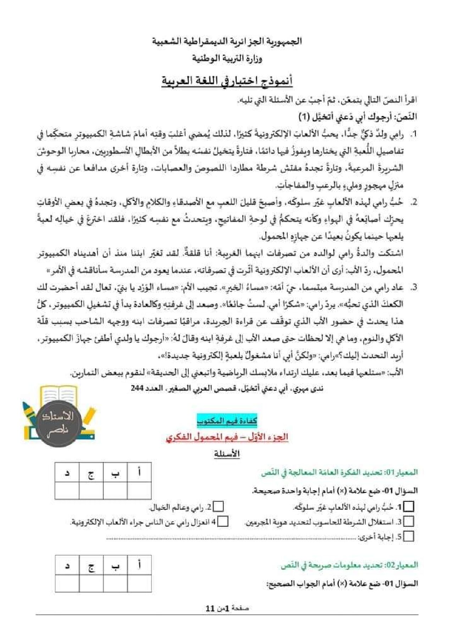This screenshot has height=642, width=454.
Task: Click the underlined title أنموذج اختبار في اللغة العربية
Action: tap(227, 81)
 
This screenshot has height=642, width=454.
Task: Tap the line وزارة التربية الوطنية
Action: tap(227, 58)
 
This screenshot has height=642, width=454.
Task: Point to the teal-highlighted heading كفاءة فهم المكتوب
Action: tap(227, 421)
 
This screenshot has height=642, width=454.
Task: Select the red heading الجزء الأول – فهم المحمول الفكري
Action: tap(227, 437)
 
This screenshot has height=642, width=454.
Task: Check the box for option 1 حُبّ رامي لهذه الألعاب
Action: tap(409, 507)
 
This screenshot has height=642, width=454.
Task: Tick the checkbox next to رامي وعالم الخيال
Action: tap(218, 507)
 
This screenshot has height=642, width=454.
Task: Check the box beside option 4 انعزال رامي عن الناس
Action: tap(223, 521)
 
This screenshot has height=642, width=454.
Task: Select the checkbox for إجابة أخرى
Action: tap(409, 536)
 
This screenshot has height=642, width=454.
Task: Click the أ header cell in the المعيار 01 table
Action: tap(139, 472)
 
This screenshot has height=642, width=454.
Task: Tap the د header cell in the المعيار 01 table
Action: tap(67, 472)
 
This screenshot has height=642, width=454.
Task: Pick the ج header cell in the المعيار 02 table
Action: tap(91, 565)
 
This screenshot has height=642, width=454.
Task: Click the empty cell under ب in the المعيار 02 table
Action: tap(115, 583)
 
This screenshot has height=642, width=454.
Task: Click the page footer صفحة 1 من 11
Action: tap(227, 608)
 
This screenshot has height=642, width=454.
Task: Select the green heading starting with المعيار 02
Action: tap(349, 565)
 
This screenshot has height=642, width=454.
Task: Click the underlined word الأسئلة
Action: tap(227, 454)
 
